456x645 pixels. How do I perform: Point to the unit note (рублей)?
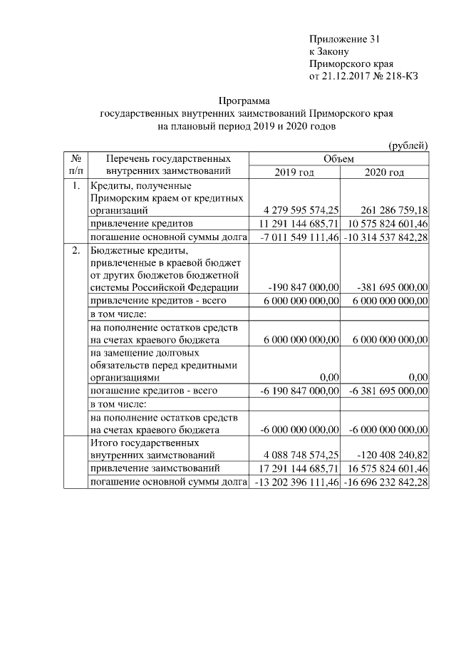coord(408,145)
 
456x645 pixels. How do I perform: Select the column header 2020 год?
coord(384,172)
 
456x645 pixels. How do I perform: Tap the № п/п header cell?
coord(76,165)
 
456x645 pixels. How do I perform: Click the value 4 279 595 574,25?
coord(301,211)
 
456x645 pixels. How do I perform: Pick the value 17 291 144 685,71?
coord(298,468)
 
